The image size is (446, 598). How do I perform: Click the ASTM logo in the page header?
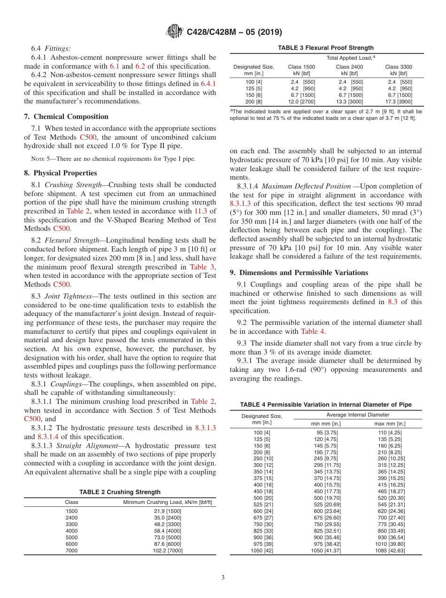click(x=176, y=32)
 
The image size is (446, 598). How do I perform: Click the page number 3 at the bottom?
click(x=223, y=577)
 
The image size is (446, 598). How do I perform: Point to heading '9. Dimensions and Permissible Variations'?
click(x=299, y=273)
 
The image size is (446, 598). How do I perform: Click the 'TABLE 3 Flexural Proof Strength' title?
click(x=326, y=48)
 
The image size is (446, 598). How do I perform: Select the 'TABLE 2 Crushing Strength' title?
click(x=120, y=492)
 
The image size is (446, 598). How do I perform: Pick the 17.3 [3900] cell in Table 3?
click(x=399, y=102)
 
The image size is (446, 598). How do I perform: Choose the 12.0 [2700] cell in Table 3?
click(x=301, y=102)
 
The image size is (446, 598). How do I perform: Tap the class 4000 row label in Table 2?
click(x=71, y=531)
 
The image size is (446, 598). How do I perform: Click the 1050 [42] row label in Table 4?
click(x=262, y=551)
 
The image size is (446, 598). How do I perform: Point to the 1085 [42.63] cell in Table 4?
click(x=390, y=551)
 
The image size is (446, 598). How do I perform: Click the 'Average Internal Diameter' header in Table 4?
click(x=358, y=415)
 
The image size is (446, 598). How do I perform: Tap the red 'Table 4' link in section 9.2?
click(x=312, y=331)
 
